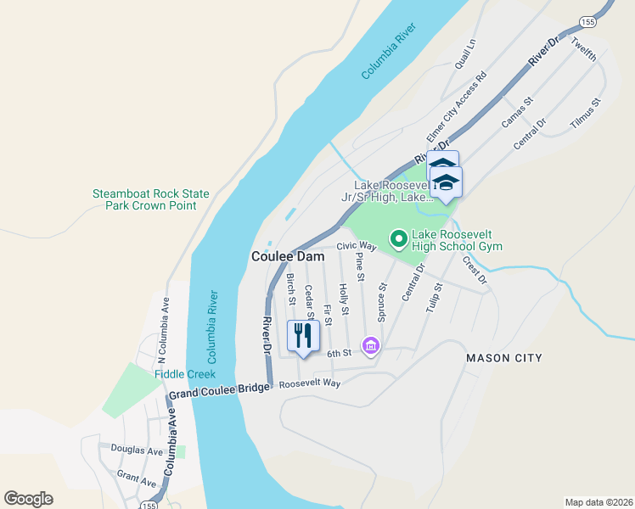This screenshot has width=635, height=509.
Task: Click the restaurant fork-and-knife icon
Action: click(x=303, y=335)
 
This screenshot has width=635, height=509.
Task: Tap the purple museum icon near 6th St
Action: click(x=369, y=345)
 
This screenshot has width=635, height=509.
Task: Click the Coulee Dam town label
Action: click(x=284, y=256)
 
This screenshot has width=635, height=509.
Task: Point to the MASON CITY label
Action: click(x=503, y=358)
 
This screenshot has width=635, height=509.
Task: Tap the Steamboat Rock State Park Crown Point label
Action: click(x=150, y=199)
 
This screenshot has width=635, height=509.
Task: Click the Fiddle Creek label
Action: click(x=185, y=374)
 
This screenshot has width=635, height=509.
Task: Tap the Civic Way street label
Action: click(x=356, y=245)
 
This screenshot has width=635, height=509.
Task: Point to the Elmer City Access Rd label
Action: click(x=456, y=106)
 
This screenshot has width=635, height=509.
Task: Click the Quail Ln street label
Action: click(x=465, y=53)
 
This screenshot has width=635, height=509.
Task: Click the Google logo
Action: click(x=28, y=499)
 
